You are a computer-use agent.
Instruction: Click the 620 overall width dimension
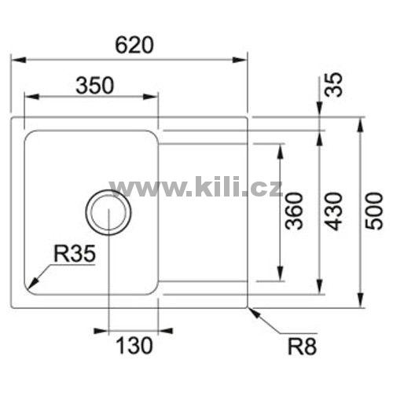pyautogui.click(x=134, y=45)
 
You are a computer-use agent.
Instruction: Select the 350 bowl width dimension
pyautogui.click(x=95, y=85)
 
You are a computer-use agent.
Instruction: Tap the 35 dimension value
pyautogui.click(x=333, y=84)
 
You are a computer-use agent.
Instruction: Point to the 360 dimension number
pyautogui.click(x=294, y=211)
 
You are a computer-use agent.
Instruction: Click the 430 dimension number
pyautogui.click(x=333, y=211)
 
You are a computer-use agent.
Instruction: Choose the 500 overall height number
pyautogui.click(x=374, y=211)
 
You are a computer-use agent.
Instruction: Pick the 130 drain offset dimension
pyautogui.click(x=134, y=345)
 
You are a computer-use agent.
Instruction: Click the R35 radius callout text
pyautogui.click(x=75, y=254)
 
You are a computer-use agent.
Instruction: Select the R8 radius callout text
pyautogui.click(x=302, y=347)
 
